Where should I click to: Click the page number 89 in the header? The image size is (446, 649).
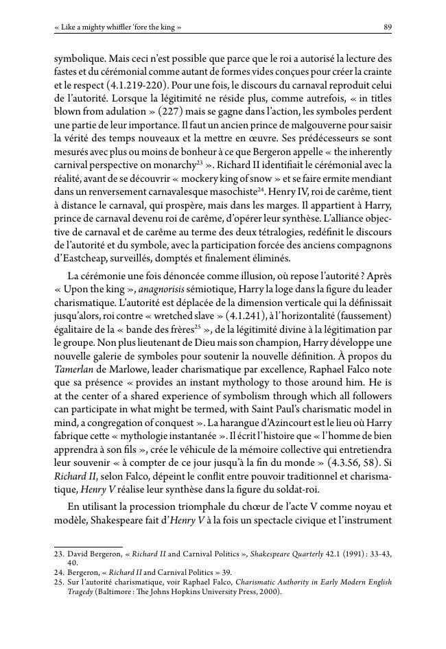coord(388,27)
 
